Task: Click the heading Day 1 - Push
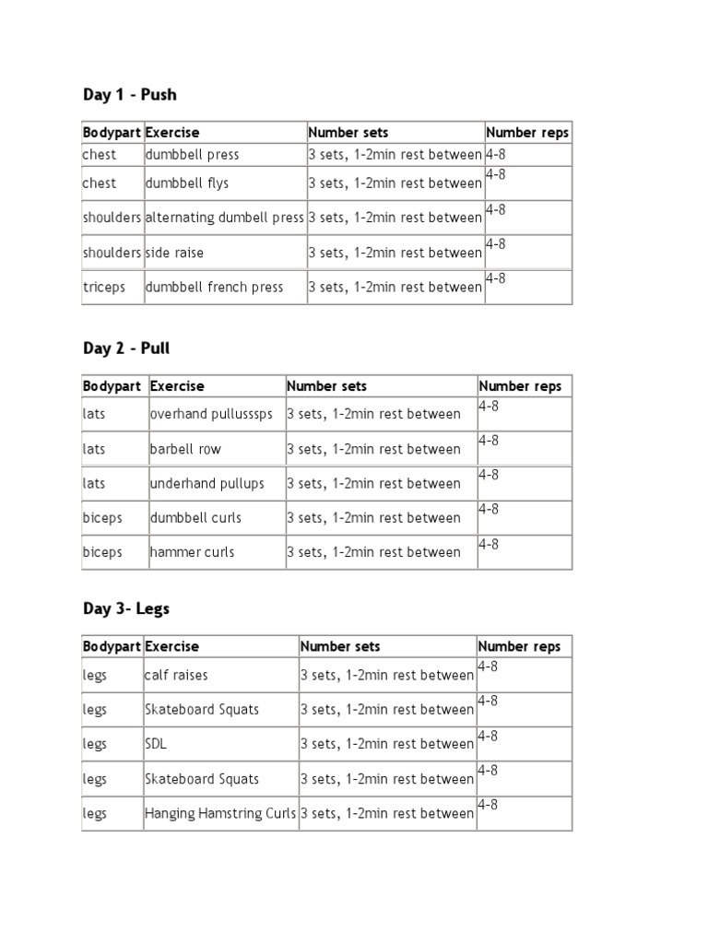tap(129, 94)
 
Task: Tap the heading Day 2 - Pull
tap(126, 348)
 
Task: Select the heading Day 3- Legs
tap(125, 608)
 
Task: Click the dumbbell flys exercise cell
tap(187, 183)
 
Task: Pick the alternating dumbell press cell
tap(224, 218)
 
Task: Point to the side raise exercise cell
tap(175, 253)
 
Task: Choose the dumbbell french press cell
tap(214, 287)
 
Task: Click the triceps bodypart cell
tap(103, 287)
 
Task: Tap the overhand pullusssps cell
tap(211, 414)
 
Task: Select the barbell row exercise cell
tap(185, 449)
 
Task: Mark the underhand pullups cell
tap(206, 483)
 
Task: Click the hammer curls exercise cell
tap(192, 552)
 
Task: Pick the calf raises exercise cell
tap(176, 675)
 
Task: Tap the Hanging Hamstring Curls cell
tap(220, 813)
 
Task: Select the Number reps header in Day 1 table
tap(527, 133)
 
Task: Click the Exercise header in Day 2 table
tap(177, 386)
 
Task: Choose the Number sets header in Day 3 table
tap(340, 646)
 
